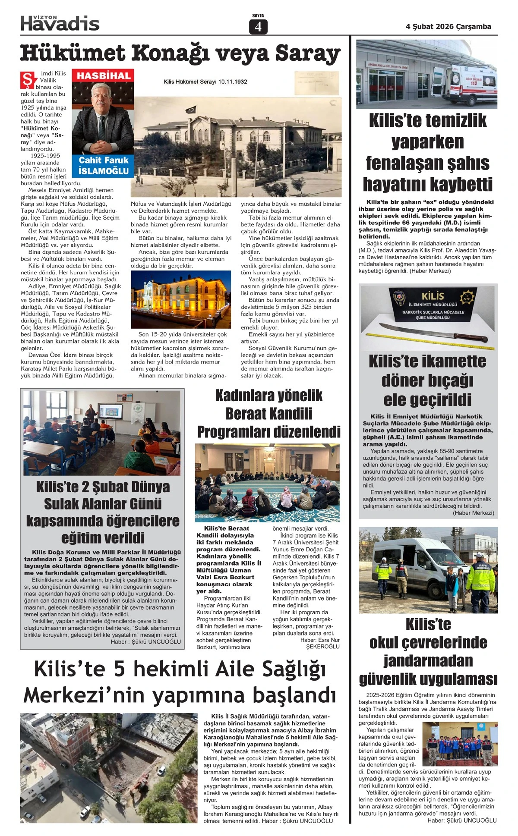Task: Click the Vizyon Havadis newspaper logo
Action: pos(60,23)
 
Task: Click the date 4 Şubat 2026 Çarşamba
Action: pos(448,26)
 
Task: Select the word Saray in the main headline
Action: pos(308,53)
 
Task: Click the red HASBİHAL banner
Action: pos(104,76)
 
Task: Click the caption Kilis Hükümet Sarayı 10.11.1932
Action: pos(205,82)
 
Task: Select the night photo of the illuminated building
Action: pos(180,299)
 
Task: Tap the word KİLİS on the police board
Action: pos(433,296)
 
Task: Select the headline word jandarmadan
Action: pos(428,660)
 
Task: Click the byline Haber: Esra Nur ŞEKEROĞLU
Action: pos(319,643)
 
